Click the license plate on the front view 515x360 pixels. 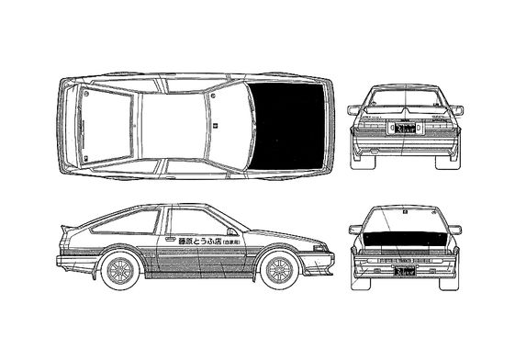(x=405, y=272)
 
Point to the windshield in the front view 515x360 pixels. (x=406, y=220)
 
